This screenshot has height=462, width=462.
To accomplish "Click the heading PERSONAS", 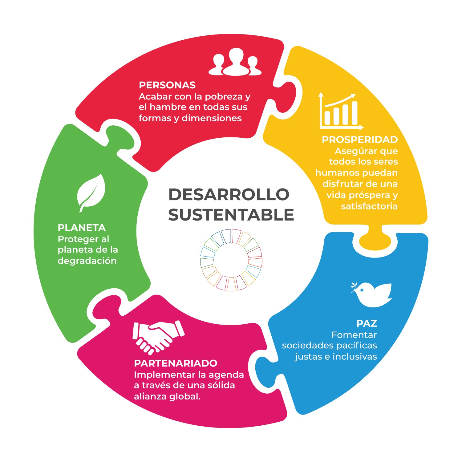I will click(x=167, y=85).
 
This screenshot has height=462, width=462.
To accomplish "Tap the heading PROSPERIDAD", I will click(x=360, y=140).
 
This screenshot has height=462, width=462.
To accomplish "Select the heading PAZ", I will click(x=367, y=323).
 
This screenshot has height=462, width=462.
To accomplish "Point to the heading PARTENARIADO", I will click(x=176, y=363).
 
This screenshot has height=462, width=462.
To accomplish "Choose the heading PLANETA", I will click(x=82, y=228).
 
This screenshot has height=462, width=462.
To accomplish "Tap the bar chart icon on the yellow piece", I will click(x=340, y=111).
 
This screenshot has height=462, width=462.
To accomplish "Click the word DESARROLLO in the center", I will click(x=229, y=194).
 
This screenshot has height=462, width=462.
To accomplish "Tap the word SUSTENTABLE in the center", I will click(x=231, y=215).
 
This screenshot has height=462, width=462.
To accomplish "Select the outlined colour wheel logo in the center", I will click(x=231, y=260).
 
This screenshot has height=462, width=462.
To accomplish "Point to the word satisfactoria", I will click(x=369, y=206).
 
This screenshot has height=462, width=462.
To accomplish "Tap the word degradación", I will click(x=87, y=261).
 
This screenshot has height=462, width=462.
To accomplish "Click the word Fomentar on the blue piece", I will click(x=354, y=335).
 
